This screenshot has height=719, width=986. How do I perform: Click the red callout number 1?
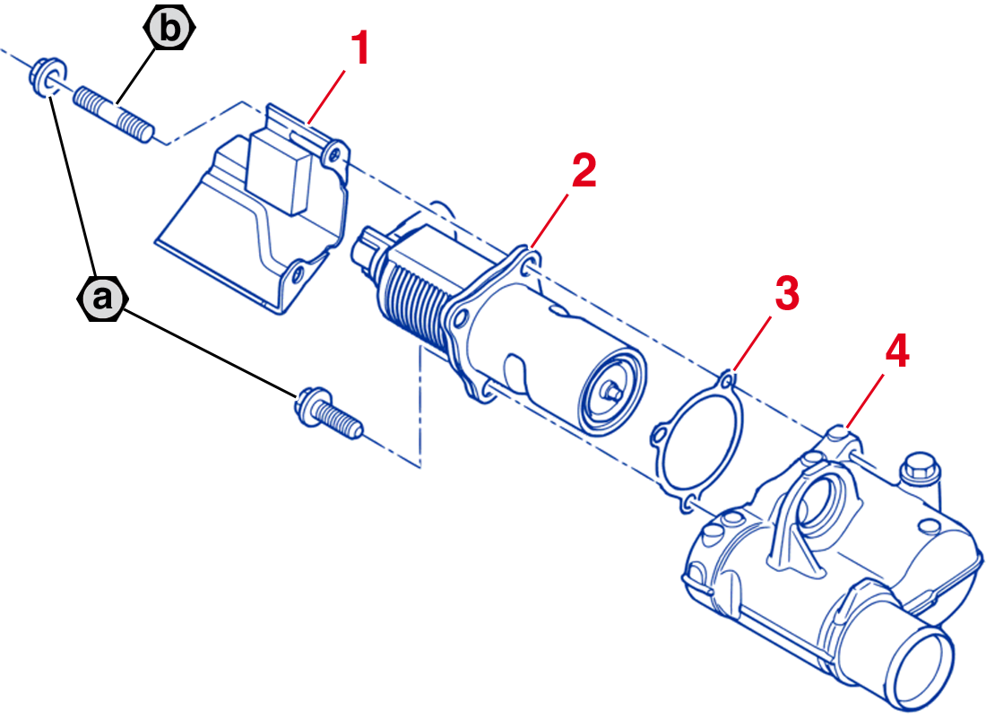(x=359, y=48)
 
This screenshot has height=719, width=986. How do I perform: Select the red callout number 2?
(x=583, y=170)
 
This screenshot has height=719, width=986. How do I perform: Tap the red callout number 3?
(x=785, y=294)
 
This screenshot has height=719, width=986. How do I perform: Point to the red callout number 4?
(x=896, y=352)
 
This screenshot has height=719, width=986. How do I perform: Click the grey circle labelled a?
(x=104, y=298)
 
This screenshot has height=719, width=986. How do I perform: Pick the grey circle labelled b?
(x=168, y=30)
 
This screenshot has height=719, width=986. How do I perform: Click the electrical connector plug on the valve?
(x=369, y=248)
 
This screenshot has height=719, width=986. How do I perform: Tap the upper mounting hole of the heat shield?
(x=334, y=155)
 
